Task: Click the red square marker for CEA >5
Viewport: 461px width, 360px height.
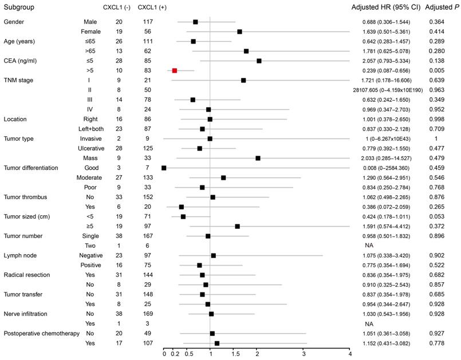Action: (x=175, y=70)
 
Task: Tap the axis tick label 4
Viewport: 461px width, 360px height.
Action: (x=349, y=354)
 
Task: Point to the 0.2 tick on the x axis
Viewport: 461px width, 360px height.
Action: (x=174, y=354)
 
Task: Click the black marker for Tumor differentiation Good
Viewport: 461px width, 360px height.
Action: (x=164, y=168)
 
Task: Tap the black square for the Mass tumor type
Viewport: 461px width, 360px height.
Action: (x=258, y=158)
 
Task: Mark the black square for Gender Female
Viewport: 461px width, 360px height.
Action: (x=239, y=31)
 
